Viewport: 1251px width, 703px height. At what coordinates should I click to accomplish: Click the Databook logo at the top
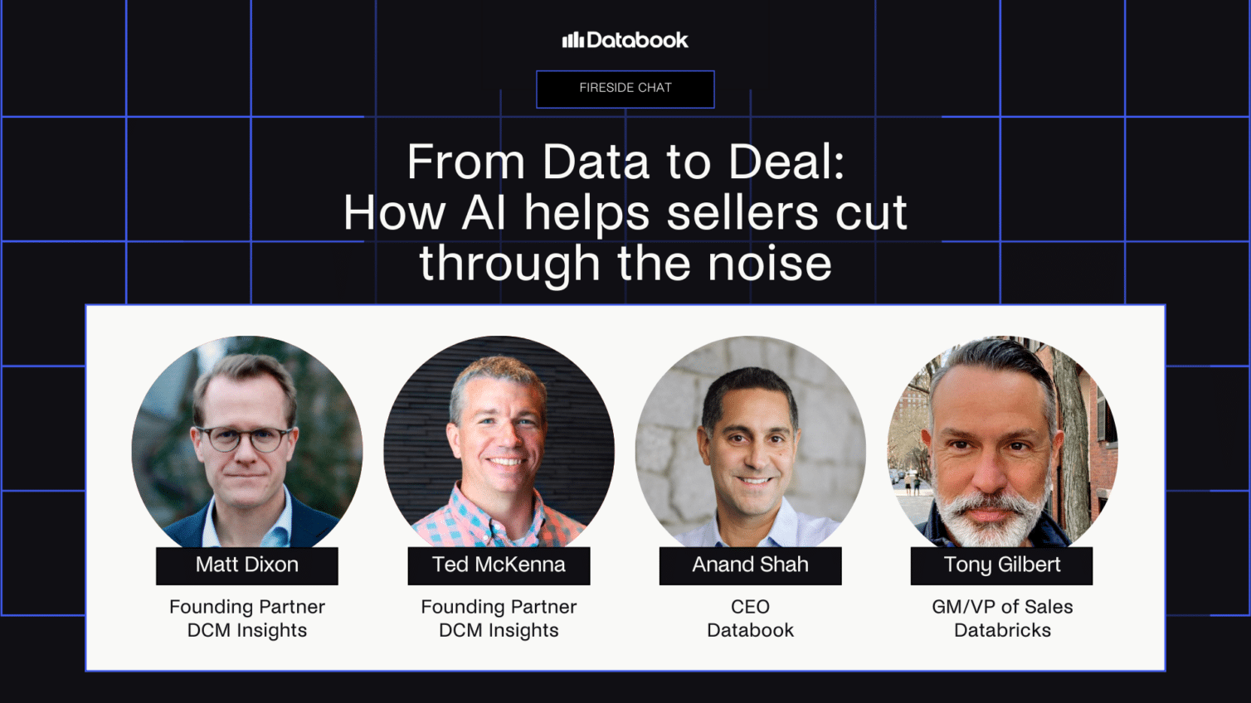625,40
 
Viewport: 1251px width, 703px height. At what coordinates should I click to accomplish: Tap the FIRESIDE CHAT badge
625,89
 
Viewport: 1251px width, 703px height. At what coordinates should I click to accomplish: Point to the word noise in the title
769,264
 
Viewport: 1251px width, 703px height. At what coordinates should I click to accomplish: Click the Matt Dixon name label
247,565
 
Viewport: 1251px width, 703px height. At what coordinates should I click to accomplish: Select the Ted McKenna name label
499,565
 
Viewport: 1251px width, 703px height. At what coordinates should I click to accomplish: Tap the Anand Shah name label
750,565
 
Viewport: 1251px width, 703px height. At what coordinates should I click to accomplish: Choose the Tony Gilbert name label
1001,565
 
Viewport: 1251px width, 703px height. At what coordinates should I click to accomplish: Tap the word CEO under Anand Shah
750,607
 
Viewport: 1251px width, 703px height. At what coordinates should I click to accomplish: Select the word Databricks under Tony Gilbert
1002,630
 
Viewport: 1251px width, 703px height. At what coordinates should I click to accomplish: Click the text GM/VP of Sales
1002,607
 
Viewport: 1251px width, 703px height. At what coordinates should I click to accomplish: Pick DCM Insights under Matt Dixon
247,630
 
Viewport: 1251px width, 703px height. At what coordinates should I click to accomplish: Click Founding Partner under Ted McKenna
499,607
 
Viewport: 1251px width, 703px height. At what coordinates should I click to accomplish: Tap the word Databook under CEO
750,630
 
